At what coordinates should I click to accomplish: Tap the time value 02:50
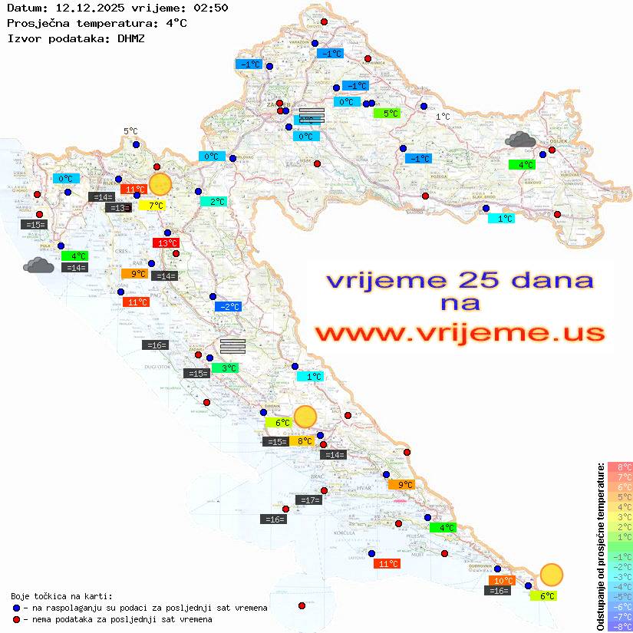pos(210,8)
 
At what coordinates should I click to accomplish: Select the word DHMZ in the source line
pos(130,38)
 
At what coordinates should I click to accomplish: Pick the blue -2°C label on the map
pos(229,307)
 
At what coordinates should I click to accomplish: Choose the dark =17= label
pos(308,500)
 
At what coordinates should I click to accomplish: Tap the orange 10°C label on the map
pos(503,581)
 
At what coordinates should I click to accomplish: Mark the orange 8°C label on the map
pos(304,441)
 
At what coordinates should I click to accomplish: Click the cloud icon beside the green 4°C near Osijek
pos(520,140)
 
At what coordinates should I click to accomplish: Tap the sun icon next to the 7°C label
pos(160,184)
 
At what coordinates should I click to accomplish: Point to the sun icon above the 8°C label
pos(305,417)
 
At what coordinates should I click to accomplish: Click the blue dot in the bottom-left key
pos(17,608)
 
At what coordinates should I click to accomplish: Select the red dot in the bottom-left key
pos(17,619)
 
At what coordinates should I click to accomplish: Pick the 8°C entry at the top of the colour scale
pos(620,467)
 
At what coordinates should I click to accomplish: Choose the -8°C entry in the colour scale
pos(620,626)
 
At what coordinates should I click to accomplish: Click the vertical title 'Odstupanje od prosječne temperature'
pos(600,546)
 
